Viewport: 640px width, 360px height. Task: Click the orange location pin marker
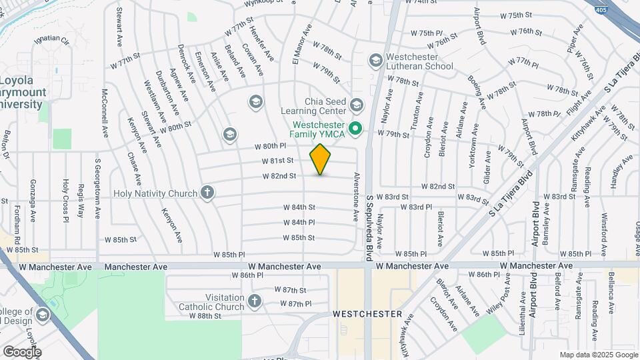(320, 159)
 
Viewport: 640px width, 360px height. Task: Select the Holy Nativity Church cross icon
(207, 193)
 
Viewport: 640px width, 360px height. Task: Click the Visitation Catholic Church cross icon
(253, 301)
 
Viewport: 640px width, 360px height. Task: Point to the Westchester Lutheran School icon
(375, 61)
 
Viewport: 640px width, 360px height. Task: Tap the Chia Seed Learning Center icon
(357, 105)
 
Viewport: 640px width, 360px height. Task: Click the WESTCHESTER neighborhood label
(367, 313)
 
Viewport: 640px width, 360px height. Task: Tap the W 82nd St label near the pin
(280, 176)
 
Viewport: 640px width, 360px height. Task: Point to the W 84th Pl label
(299, 222)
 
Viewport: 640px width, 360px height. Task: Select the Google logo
(22, 351)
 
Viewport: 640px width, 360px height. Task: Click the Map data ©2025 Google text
(597, 355)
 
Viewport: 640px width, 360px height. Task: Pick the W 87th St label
(290, 290)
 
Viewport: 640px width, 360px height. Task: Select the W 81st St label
(278, 161)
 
